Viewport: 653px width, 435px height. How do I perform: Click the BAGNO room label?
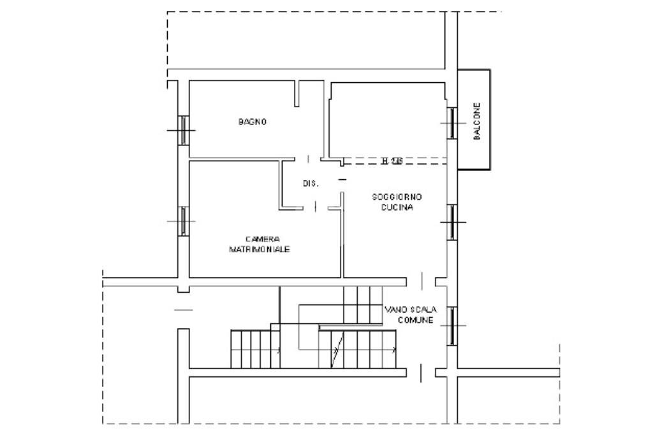253,122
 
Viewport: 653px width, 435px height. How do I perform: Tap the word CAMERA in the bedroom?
258,239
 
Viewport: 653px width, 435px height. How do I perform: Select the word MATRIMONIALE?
260,249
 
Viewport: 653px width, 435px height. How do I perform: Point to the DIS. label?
311,184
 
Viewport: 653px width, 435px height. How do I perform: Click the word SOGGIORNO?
397,197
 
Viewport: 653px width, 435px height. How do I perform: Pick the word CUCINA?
397,208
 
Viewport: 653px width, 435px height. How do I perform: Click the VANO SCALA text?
409,309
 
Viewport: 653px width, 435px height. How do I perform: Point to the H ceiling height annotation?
392,161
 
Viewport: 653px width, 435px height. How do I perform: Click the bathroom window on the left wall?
183,129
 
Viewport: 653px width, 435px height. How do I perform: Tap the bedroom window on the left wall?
183,221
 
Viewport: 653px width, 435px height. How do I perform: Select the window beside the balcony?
452,122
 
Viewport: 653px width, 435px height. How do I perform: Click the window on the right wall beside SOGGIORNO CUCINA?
452,222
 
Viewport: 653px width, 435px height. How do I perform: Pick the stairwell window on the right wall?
452,325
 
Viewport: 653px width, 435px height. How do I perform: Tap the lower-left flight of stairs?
254,348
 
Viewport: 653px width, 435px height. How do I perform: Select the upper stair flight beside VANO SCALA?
362,304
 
